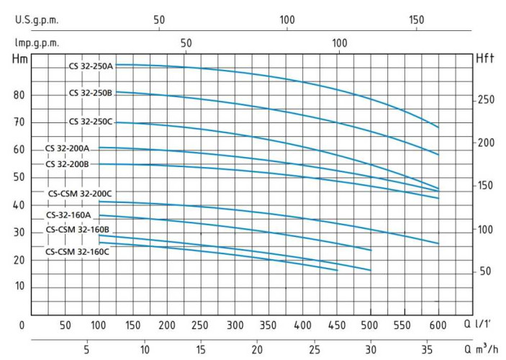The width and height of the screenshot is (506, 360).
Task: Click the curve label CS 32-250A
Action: click(x=91, y=66)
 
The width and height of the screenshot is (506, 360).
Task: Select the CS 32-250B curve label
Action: click(x=91, y=93)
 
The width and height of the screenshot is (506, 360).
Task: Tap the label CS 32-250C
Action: click(x=91, y=122)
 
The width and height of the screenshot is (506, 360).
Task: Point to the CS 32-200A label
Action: click(x=68, y=148)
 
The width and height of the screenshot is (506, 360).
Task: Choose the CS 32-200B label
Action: click(x=68, y=163)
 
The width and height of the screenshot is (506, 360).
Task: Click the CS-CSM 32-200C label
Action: click(x=81, y=194)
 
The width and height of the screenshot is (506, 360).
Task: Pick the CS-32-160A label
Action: click(x=69, y=215)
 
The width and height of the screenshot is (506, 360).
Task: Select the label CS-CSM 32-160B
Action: click(x=78, y=230)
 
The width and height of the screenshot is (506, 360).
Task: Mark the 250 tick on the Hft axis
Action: click(x=487, y=99)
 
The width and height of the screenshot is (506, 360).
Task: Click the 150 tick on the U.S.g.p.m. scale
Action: click(x=416, y=20)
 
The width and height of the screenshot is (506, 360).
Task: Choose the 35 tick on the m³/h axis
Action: click(x=428, y=350)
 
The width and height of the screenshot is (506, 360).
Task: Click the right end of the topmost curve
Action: click(x=438, y=127)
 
